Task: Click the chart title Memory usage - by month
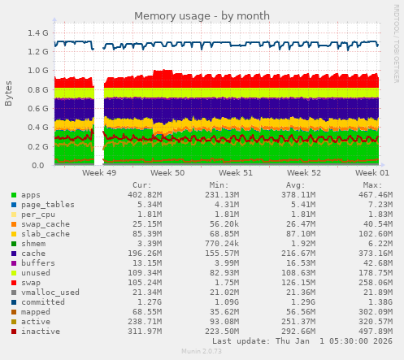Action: coord(202,15)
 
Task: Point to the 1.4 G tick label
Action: coord(37,33)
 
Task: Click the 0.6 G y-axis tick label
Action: coord(37,109)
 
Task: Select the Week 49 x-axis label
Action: coord(99,173)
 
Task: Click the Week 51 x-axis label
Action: coord(237,173)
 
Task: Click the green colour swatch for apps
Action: coord(14,195)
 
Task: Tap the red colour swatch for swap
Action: coord(14,282)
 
